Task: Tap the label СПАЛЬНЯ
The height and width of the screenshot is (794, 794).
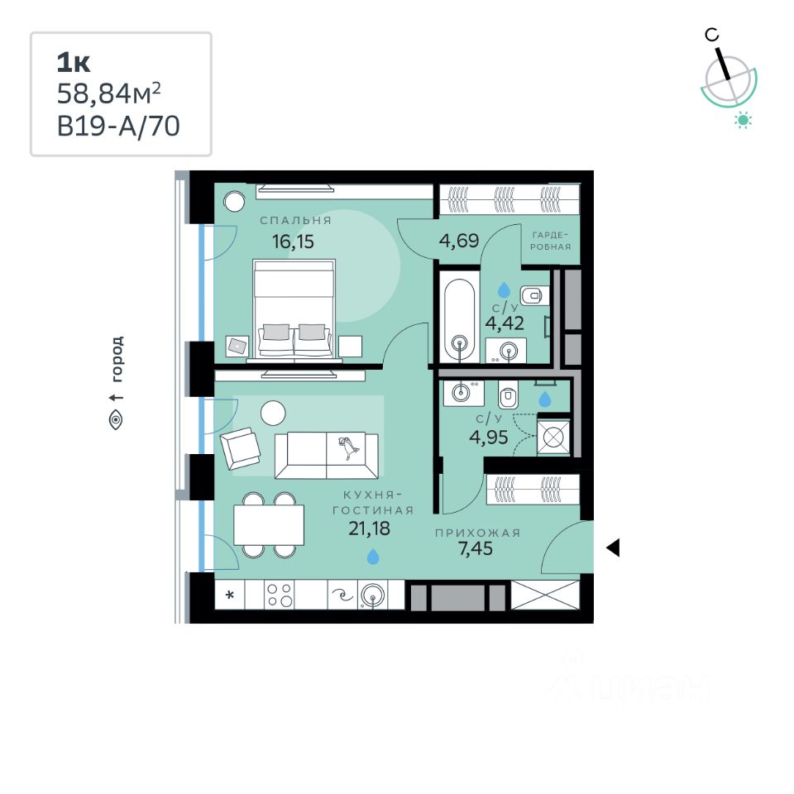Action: coord(295,221)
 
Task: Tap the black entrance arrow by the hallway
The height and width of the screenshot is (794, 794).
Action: coord(613,548)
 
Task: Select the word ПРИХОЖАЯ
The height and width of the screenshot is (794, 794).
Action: coord(478,533)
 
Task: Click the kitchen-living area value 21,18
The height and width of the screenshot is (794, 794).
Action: coord(369,529)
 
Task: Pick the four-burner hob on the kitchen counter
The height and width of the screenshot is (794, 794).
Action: coord(280,595)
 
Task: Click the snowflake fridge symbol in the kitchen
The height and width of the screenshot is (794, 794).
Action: coord(231,595)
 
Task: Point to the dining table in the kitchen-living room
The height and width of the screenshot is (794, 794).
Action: coord(268,524)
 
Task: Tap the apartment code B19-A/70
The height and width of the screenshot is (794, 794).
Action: coord(118,126)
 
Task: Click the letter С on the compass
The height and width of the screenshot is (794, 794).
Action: coord(711,34)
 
